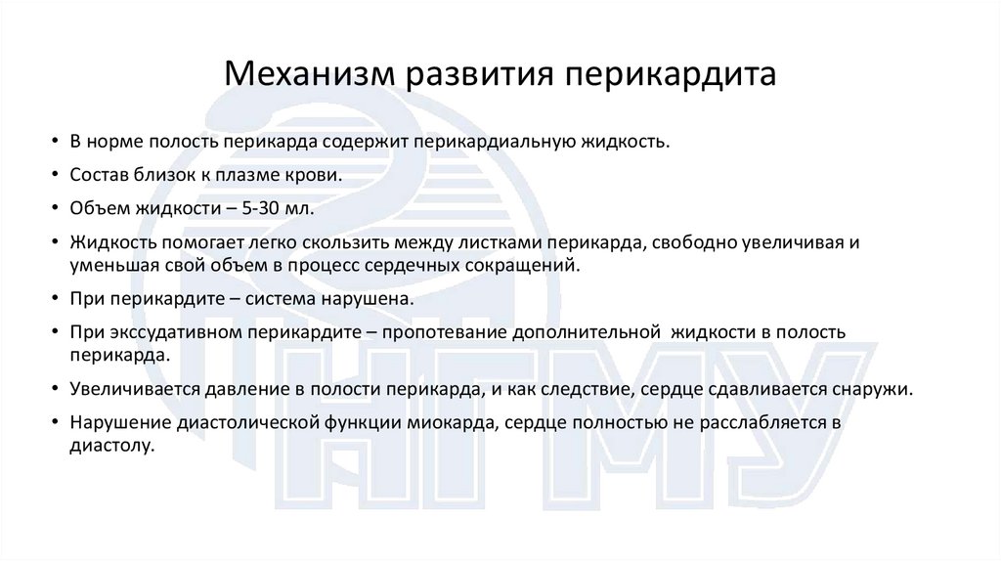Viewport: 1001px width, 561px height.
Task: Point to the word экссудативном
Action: coord(176,332)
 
